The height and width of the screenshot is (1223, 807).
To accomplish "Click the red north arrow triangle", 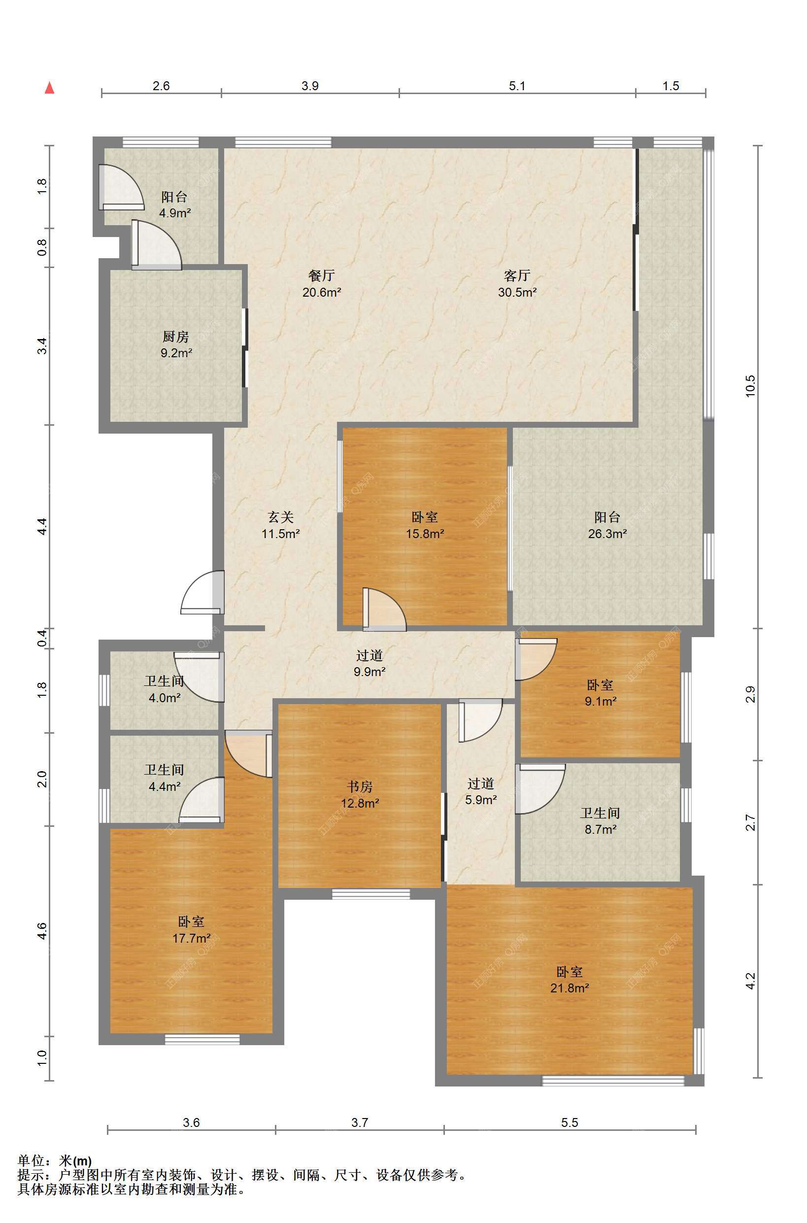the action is [x=49, y=88].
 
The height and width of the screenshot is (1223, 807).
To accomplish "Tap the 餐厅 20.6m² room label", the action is [x=322, y=284].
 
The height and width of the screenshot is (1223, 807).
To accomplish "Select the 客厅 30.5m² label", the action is [x=517, y=284].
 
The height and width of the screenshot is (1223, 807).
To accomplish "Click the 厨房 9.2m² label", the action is [x=176, y=344].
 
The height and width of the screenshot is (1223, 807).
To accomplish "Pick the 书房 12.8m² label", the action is [x=360, y=795].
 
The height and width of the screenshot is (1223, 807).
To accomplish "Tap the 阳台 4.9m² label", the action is [x=175, y=204].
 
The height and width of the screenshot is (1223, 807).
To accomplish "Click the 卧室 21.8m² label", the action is [x=569, y=980].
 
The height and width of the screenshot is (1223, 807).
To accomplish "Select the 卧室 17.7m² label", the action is [x=191, y=930].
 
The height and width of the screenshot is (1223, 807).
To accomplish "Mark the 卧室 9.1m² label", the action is [x=601, y=693].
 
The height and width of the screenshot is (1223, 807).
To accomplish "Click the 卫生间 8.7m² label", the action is [x=600, y=821].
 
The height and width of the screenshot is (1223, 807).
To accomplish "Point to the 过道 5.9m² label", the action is [x=481, y=792].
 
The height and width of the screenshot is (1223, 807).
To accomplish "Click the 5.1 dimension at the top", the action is [x=517, y=86].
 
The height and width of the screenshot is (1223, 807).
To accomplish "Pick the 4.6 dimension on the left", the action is [x=42, y=931].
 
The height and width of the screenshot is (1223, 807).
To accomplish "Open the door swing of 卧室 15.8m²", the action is [x=384, y=610].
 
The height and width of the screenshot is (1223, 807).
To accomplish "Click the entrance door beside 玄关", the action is [x=202, y=592].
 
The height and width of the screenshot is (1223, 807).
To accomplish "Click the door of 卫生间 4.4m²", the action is [x=201, y=800].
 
